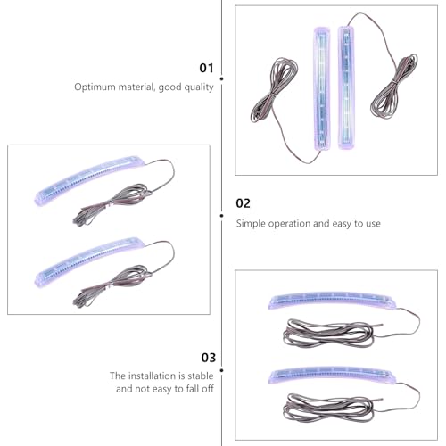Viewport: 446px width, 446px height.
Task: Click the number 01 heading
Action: (206, 68)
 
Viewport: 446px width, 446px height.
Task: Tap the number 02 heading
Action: (243, 203)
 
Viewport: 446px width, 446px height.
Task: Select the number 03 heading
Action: (209, 358)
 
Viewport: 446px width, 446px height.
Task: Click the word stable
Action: (201, 376)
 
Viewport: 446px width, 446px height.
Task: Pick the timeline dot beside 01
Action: (222, 78)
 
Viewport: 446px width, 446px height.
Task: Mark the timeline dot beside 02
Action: (222, 216)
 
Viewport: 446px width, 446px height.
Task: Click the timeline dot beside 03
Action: (222, 370)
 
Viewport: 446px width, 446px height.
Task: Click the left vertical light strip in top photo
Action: (322, 88)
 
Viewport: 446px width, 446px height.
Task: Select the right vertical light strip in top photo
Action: (346, 87)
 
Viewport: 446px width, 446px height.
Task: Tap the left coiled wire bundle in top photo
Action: (274, 90)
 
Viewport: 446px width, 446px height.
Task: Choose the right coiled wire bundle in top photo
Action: (394, 87)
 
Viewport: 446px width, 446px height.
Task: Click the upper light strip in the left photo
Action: (90, 180)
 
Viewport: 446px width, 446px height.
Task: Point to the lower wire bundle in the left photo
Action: (112, 285)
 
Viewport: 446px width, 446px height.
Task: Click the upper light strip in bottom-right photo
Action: (332, 301)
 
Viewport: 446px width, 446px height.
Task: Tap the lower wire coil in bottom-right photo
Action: (328, 407)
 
